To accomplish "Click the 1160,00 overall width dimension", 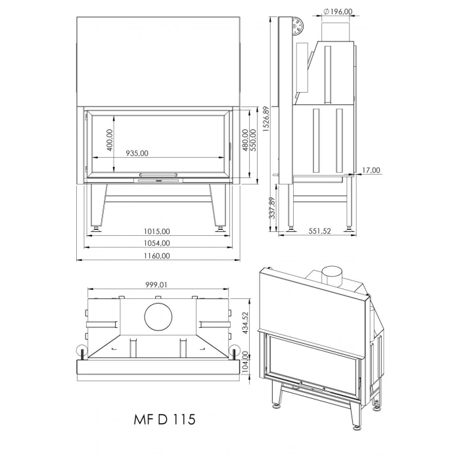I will tap(157, 256).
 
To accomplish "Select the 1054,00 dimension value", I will tap(157, 243).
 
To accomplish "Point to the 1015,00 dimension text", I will tap(157, 231).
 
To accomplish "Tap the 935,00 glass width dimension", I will tap(137, 153).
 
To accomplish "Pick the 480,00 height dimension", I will tap(245, 143).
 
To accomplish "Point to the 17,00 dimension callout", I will tap(371, 171).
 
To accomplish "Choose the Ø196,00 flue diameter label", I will tap(338, 11).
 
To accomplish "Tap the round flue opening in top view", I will tap(158, 318).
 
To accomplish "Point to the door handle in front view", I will tap(158, 175).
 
